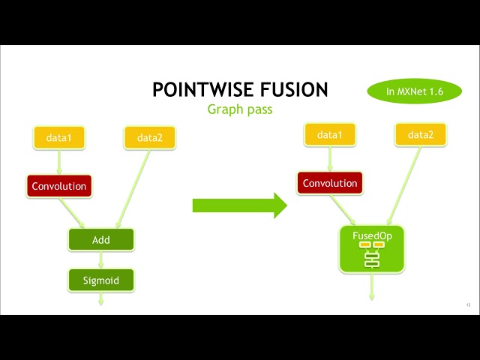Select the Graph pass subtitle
240,109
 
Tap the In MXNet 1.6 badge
415,91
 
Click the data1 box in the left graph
59,138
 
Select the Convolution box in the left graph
58,186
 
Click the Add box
100,240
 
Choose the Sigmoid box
100,280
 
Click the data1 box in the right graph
329,135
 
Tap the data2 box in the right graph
421,135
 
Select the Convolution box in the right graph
330,183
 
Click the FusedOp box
372,248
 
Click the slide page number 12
468,304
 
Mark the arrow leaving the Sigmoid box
100,299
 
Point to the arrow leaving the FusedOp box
371,286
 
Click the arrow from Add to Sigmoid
100,260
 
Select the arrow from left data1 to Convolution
58,162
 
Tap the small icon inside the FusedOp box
372,255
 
